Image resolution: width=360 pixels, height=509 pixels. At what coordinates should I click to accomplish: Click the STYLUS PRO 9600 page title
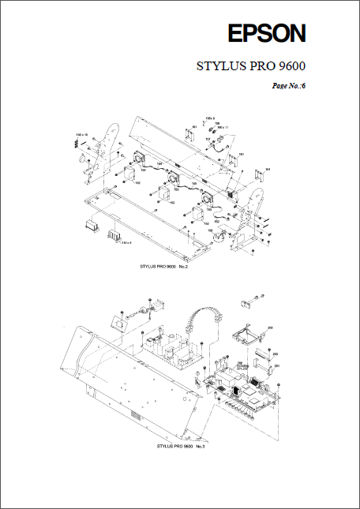(x=251, y=66)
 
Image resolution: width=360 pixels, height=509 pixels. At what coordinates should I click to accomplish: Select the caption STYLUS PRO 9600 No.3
(x=181, y=447)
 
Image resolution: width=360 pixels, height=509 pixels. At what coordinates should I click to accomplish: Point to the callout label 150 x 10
(x=81, y=136)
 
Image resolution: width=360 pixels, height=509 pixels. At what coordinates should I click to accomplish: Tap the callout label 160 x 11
(x=222, y=127)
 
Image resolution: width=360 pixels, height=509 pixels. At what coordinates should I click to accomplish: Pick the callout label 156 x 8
(x=209, y=118)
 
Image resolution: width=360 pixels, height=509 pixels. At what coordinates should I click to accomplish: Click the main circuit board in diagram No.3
(x=241, y=391)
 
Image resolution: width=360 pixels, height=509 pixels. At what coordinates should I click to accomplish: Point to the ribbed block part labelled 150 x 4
(x=113, y=234)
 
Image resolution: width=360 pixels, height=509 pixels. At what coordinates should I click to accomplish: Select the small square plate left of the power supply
(x=118, y=324)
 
